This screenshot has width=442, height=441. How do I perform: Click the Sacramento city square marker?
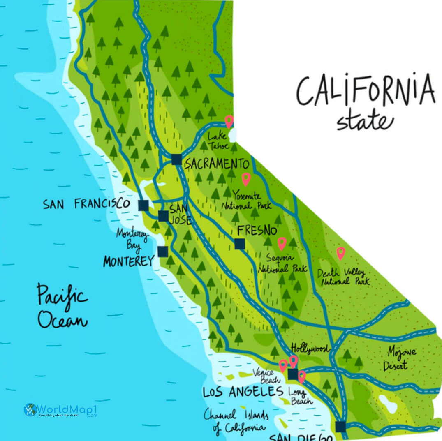tap(176, 159)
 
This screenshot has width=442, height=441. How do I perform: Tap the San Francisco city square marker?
tap(143, 205)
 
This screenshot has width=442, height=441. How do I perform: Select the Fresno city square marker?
tap(239, 244)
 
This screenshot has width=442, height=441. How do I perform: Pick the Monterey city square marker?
tap(163, 251)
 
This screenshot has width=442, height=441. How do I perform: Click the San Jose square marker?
tap(163, 216)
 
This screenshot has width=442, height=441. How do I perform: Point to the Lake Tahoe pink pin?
tap(229, 121)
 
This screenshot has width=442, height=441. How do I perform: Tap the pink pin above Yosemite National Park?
tap(246, 179)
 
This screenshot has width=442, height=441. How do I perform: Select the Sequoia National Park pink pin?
tap(282, 243)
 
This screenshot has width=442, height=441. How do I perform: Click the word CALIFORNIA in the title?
tap(366, 90)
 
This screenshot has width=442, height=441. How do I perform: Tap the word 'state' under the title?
tap(365, 120)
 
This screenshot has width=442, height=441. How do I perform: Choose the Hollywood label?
tap(310, 349)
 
